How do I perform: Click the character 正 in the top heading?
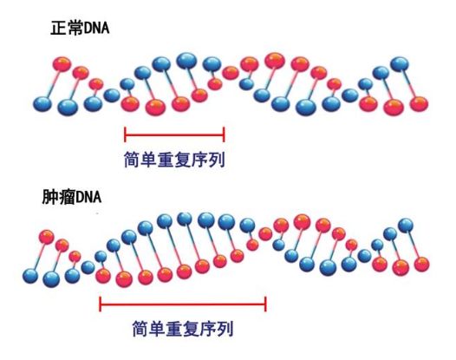[57, 29]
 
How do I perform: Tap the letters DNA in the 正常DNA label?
[94, 29]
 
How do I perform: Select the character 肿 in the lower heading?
[49, 197]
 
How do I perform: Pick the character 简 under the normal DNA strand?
[133, 160]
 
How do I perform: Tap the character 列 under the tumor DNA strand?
[225, 329]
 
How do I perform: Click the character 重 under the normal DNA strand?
[166, 160]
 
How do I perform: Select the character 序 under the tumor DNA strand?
[208, 329]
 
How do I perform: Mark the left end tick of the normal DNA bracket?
[125, 134]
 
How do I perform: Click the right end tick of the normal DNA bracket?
[224, 134]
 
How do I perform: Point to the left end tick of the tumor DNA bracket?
[101, 304]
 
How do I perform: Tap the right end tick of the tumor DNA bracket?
[265, 304]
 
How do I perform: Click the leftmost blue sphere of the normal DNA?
[42, 104]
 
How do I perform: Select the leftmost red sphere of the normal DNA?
[62, 63]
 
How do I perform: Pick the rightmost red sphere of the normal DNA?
[419, 104]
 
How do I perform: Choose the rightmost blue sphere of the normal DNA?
[400, 63]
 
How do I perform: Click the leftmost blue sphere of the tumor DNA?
[30, 276]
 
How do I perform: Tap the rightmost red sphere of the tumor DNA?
[421, 265]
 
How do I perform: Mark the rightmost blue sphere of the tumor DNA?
[406, 225]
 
